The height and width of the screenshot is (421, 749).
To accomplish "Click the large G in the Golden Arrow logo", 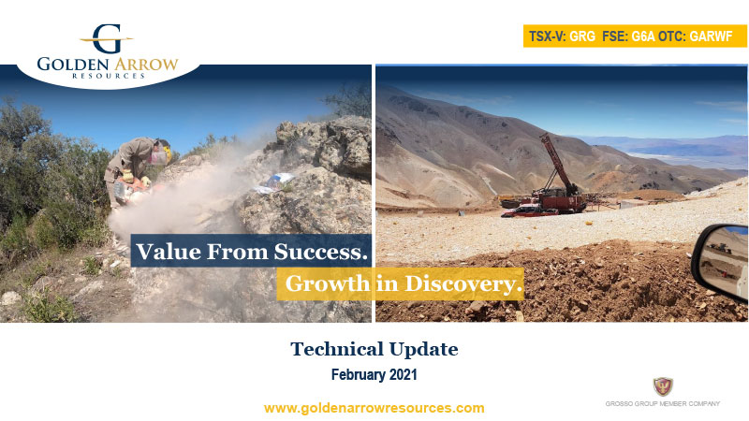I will pyautogui.click(x=106, y=38).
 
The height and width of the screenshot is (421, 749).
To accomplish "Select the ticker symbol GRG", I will pyautogui.click(x=583, y=36).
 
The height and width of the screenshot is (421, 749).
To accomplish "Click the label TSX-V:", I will pyautogui.click(x=547, y=36).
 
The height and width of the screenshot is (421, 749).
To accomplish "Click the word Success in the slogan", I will pyautogui.click(x=322, y=251).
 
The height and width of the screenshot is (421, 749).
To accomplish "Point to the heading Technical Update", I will pyautogui.click(x=374, y=350).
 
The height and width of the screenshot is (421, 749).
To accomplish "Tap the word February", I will pyautogui.click(x=358, y=374).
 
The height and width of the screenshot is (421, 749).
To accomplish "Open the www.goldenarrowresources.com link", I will pyautogui.click(x=374, y=408).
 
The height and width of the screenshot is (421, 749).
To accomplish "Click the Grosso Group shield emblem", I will pyautogui.click(x=662, y=385).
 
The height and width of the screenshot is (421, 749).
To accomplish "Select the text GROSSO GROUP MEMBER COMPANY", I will pyautogui.click(x=662, y=403).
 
